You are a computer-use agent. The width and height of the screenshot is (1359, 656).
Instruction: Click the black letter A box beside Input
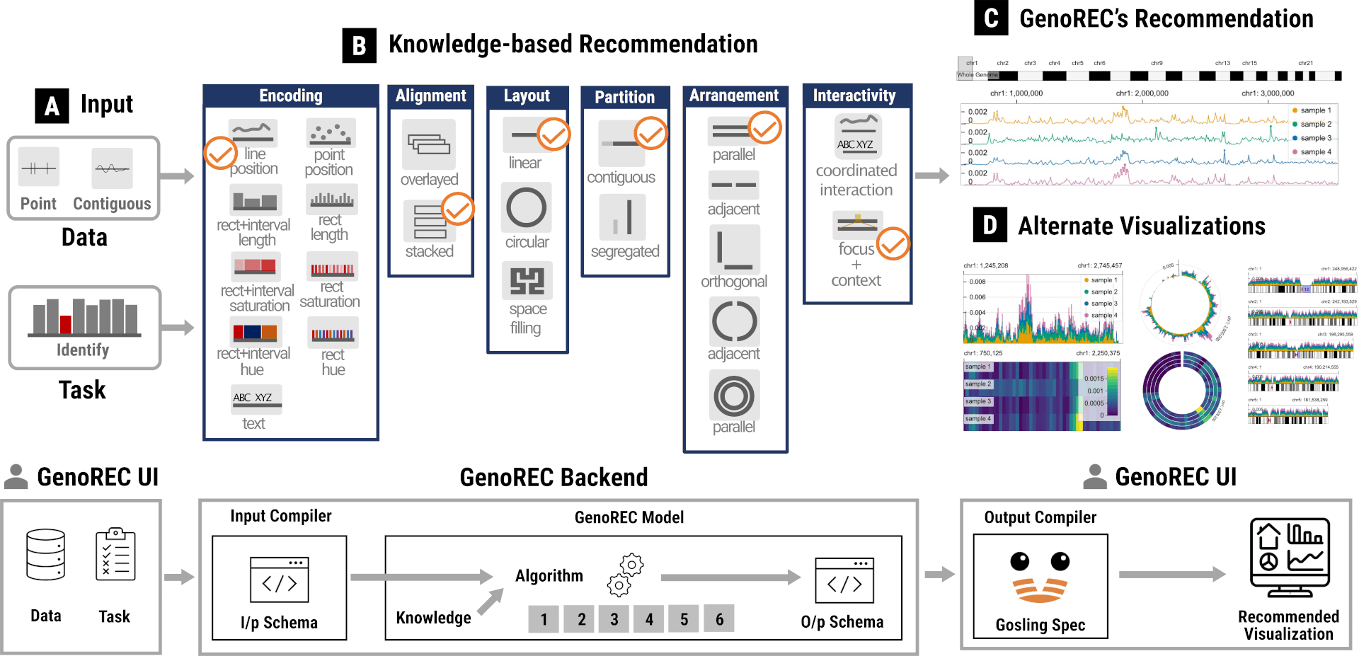52,106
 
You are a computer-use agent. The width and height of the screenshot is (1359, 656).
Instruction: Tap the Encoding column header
290,96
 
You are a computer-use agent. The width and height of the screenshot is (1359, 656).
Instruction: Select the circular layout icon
526,208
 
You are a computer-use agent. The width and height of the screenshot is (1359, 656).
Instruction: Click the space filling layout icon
527,280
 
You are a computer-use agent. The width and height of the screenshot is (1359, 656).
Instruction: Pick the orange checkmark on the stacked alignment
458,209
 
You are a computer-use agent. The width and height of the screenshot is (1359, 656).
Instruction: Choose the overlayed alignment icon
428,144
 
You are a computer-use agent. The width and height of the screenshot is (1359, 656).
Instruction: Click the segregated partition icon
622,217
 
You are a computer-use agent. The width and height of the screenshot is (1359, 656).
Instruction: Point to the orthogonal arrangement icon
734,249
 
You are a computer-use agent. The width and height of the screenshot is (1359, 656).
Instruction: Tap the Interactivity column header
854,96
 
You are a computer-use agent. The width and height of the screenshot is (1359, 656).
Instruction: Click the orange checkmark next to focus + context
893,243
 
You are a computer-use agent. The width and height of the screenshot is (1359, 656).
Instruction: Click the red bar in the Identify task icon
66,324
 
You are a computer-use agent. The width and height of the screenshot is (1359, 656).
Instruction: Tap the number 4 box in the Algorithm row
649,619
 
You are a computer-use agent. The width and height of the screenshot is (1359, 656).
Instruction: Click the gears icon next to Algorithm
626,574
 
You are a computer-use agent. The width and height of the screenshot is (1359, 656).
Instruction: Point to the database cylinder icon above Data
46,555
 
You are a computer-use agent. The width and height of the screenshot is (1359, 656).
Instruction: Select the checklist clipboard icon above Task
115,554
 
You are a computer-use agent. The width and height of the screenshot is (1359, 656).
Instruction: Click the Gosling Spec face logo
1040,577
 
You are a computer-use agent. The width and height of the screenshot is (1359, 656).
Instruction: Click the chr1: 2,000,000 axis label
1142,93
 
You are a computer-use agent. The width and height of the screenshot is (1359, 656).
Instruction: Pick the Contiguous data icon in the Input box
112,168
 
